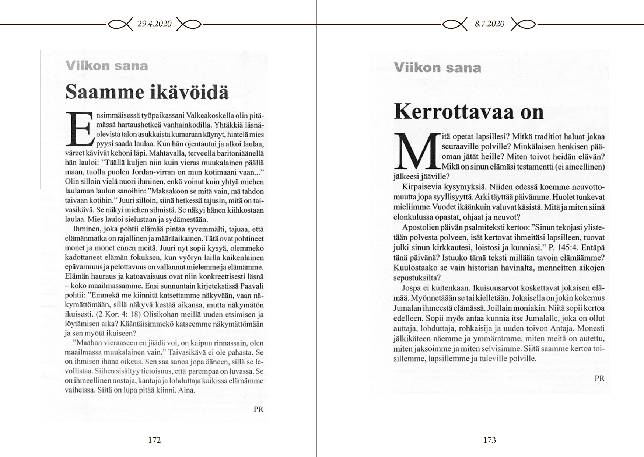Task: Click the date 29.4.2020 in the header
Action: pyautogui.click(x=155, y=24)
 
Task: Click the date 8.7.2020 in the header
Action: pyautogui.click(x=490, y=24)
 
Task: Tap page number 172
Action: pyautogui.click(x=154, y=440)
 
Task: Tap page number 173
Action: pyautogui.click(x=489, y=440)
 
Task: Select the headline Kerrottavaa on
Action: pyautogui.click(x=469, y=111)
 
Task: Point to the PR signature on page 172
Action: pyautogui.click(x=259, y=409)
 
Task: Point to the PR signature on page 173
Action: pyautogui.click(x=599, y=378)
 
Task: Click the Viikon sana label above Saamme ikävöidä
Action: pyautogui.click(x=106, y=66)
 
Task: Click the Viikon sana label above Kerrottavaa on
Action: pyautogui.click(x=437, y=67)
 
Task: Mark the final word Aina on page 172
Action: pyautogui.click(x=185, y=390)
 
